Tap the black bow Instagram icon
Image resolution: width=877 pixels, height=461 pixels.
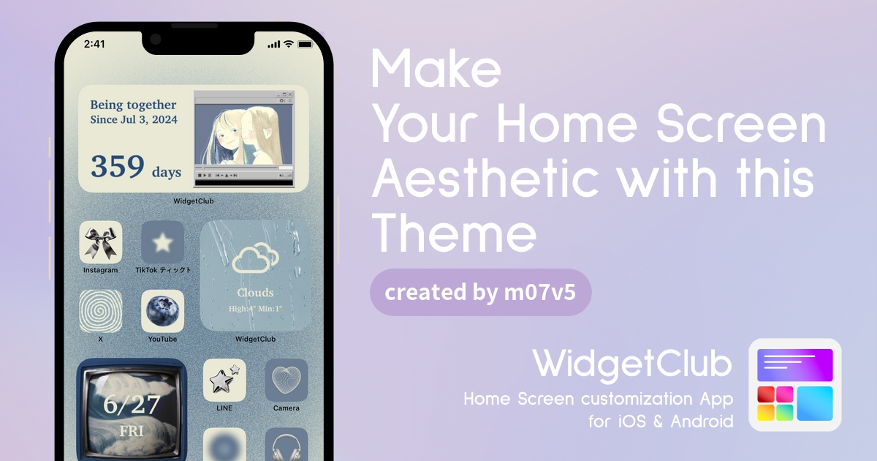pos(101,242)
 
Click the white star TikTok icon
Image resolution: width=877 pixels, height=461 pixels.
pos(162,242)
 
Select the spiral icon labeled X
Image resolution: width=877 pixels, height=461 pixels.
pos(101,311)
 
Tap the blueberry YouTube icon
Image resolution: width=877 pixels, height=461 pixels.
pos(162,311)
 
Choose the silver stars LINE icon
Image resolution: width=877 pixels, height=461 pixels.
pos(224,381)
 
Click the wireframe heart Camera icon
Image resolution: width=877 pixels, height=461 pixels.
pos(286,381)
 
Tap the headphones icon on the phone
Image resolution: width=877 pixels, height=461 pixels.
pos(286,445)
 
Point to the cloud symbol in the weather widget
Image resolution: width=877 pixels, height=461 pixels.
pos(255,258)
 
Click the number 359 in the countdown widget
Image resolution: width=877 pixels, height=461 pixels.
pos(118,166)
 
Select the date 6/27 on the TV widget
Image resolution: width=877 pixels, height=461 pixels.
pos(132,405)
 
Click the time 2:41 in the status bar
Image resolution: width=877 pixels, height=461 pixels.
pos(94,44)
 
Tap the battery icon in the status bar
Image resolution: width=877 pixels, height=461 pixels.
pos(305,45)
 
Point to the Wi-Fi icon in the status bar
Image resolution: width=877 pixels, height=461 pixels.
pos(289,44)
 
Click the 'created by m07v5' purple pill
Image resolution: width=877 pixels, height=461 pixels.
pos(480,293)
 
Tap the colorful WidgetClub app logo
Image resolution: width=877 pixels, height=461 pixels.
pos(795,385)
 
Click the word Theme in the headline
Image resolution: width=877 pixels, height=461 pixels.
pos(454,233)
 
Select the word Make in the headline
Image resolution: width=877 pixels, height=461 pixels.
pos(436,69)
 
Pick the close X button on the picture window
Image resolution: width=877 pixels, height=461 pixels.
pos(290,94)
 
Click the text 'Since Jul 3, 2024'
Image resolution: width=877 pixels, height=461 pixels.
pos(134,119)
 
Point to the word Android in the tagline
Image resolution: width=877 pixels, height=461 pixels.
pos(702,421)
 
